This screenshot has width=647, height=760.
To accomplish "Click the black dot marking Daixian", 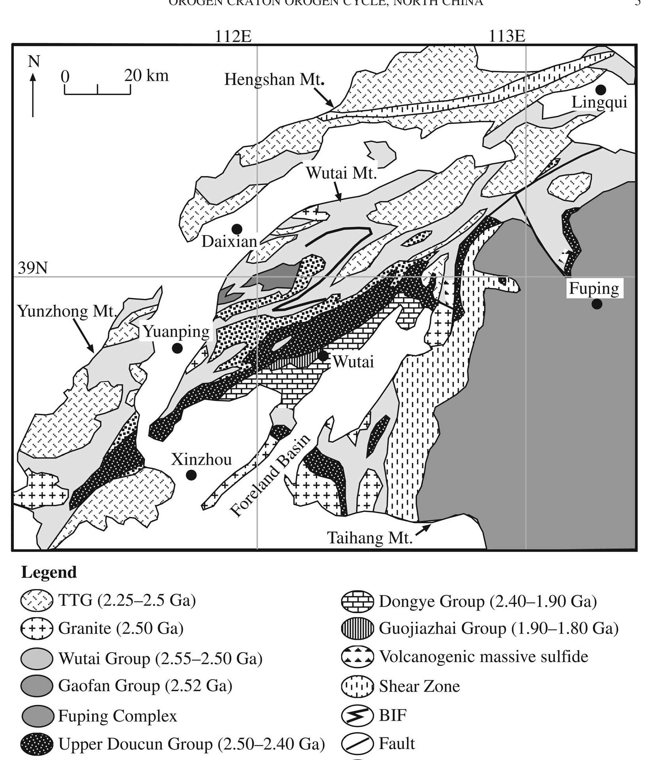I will [x=237, y=229].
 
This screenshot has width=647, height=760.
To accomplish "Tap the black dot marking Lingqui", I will [x=600, y=90].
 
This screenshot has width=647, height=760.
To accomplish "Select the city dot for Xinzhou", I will [x=191, y=475].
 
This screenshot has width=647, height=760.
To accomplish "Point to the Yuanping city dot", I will [x=177, y=348].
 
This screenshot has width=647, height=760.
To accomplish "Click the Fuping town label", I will [x=594, y=289].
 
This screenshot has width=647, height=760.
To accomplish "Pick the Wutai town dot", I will [x=323, y=356].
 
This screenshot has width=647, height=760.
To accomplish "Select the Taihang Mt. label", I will [x=370, y=538].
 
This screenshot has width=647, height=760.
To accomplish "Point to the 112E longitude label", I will [x=233, y=36].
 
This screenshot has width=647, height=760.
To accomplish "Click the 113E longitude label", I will [x=507, y=36].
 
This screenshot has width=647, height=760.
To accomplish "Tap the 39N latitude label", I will [x=33, y=268].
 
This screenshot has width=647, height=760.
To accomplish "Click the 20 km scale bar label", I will [x=146, y=75].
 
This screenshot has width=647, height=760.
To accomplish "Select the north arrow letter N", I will [x=34, y=61].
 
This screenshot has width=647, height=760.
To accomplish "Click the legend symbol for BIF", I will [x=357, y=716].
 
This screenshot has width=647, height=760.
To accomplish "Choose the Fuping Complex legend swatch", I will [x=37, y=716].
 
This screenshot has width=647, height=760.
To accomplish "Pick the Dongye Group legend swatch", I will [x=357, y=601].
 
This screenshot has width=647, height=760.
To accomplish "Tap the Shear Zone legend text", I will [x=419, y=686].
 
